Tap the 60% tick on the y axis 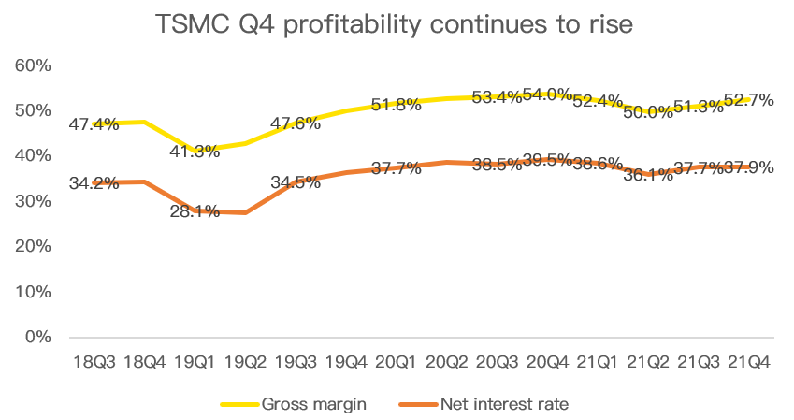coord(32,65)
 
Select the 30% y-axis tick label coord(32,201)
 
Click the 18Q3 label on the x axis coord(94,361)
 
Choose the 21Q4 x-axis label coord(748,361)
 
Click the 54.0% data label coord(548,94)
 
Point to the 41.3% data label coord(195,151)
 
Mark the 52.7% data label coord(748,100)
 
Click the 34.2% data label coord(94,182)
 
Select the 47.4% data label coord(94,123)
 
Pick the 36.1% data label coord(648,174)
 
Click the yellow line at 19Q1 coord(195,150)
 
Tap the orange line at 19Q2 coord(245,213)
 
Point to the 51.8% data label coord(396,105)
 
